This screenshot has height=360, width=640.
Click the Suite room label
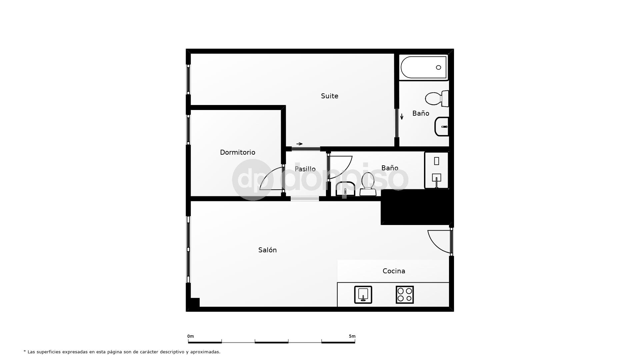(329, 96)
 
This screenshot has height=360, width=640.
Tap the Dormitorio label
(237, 152)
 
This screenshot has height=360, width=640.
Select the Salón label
(267, 250)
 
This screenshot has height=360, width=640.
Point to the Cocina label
(394, 271)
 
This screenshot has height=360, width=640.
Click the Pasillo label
(305, 169)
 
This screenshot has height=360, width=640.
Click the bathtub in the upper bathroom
(424, 67)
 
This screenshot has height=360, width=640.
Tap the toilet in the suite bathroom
(437, 98)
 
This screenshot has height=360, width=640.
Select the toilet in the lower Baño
(368, 184)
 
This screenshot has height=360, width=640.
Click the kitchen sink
(363, 295)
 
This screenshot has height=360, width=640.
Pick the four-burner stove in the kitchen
(405, 295)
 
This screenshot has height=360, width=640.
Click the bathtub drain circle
(438, 67)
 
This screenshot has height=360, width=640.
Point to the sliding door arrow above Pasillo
(299, 144)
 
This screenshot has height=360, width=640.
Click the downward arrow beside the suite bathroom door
(402, 117)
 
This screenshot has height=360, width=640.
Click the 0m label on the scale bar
(190, 336)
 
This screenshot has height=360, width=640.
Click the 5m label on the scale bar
(352, 336)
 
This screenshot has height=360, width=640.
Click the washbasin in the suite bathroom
(442, 127)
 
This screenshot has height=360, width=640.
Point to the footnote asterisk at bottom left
(25, 351)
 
